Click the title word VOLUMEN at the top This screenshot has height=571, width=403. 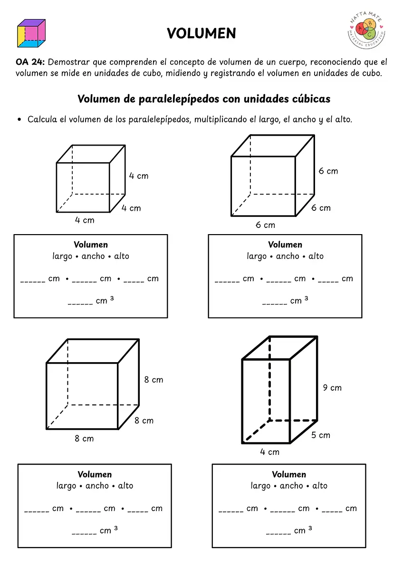tap(201, 33)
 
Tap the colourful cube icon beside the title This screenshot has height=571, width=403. tap(31, 33)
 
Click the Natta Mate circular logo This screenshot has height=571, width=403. tap(366, 30)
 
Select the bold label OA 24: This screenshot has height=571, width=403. tap(30, 62)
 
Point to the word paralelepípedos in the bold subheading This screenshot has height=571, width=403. tap(179, 99)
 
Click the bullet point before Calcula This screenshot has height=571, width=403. tap(19, 119)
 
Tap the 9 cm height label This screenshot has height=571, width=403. tap(332, 388)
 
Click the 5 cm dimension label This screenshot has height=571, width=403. tap(320, 435)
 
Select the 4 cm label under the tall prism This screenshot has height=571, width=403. tap(269, 452)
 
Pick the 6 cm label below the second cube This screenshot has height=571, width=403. tap(265, 225)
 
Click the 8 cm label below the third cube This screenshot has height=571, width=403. tap(84, 438)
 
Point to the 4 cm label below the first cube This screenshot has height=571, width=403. tap(85, 220)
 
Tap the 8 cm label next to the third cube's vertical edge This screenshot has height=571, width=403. tap(154, 380)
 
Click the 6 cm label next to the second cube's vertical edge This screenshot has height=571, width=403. tap(328, 171)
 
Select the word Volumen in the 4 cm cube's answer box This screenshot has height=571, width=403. tap(91, 245)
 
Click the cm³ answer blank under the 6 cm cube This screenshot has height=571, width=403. tap(275, 301)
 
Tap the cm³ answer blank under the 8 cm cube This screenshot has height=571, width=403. tap(84, 531)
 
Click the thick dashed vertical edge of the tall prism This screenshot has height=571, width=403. tap(269, 379)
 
